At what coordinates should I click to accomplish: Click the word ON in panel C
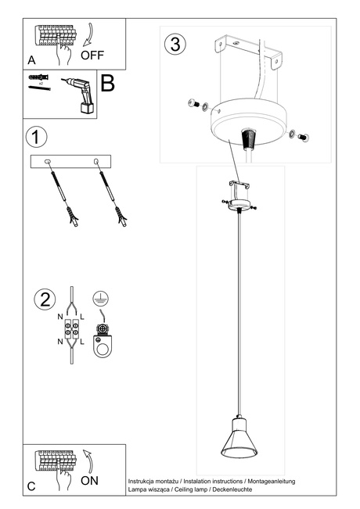point(90,480)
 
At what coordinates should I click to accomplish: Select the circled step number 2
point(45,299)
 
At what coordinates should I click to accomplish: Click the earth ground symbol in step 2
point(100,299)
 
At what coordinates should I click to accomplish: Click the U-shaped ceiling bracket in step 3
point(252,55)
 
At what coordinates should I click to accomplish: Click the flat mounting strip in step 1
point(71,161)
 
